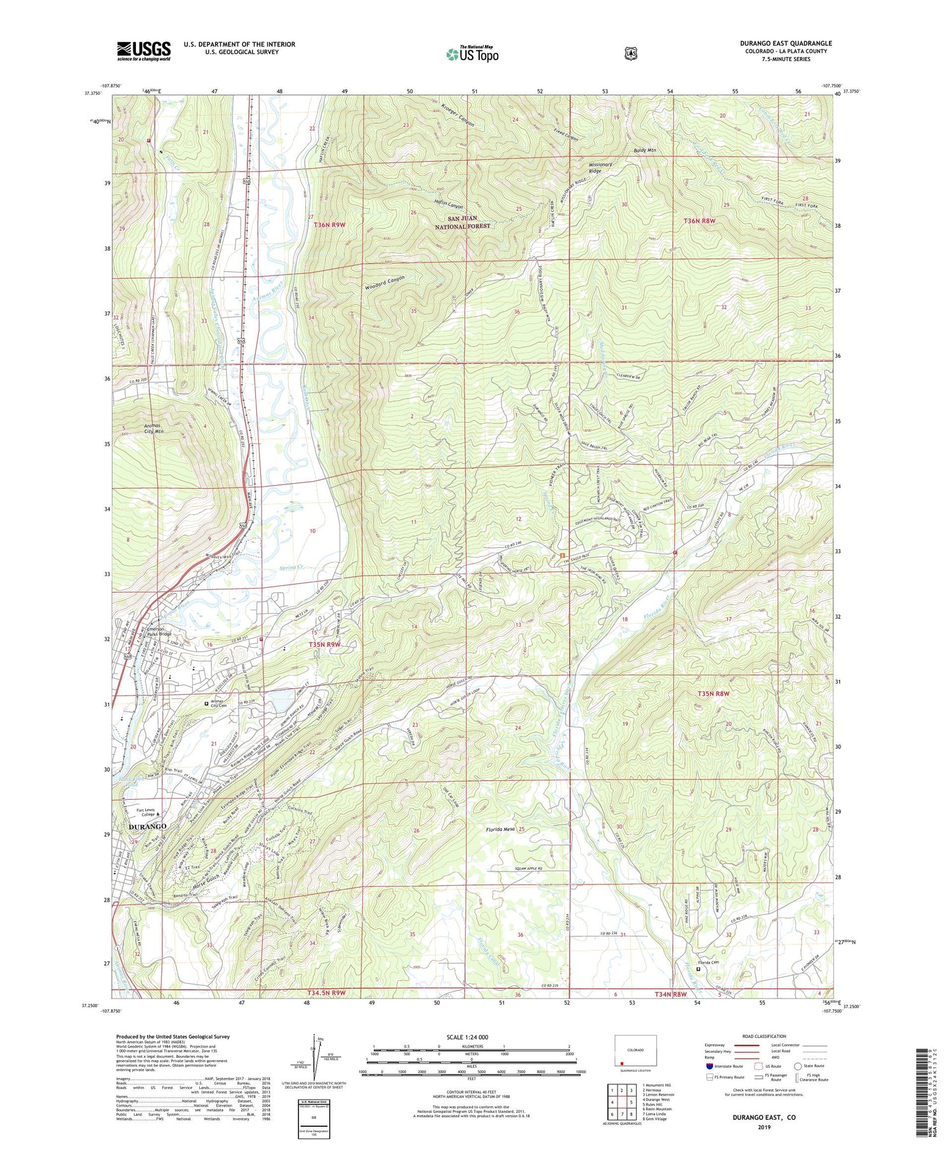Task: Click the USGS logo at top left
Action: point(143,51)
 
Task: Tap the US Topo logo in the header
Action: point(472,54)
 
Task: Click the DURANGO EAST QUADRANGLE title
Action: point(786,43)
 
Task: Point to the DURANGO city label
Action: point(147,827)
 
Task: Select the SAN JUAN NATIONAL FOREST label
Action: point(464,222)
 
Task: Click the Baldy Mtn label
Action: point(644,150)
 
